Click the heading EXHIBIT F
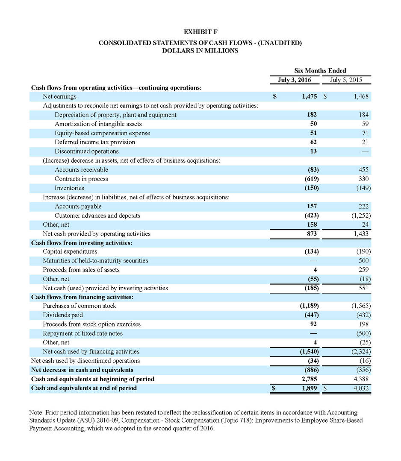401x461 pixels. click(200, 32)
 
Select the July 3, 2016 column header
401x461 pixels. click(294, 79)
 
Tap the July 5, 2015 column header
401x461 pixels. click(346, 79)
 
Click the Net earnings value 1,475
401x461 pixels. click(309, 97)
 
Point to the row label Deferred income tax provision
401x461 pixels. click(94, 142)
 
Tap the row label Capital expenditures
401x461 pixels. click(70, 251)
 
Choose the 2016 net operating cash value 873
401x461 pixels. click(311, 233)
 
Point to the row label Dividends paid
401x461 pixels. click(62, 315)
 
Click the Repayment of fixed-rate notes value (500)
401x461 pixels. click(363, 333)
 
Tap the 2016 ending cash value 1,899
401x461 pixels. click(309, 388)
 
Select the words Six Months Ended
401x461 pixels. click(320, 70)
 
